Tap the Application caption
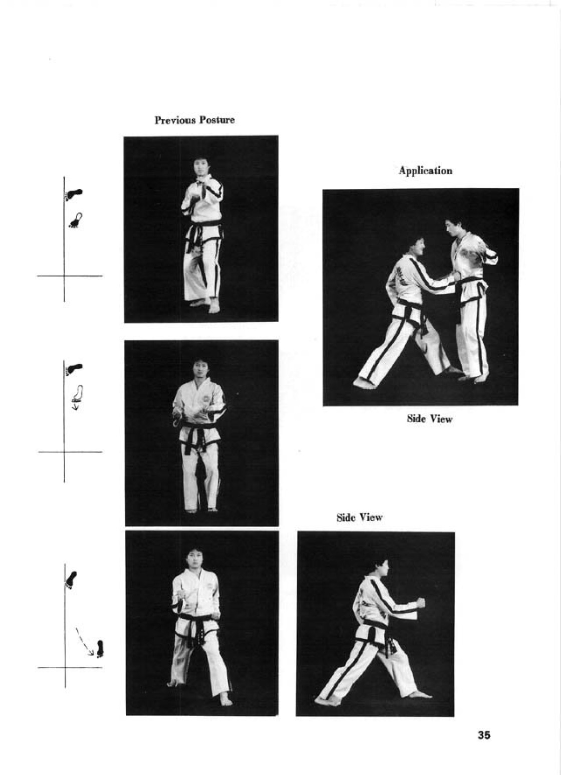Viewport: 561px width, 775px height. [x=425, y=171]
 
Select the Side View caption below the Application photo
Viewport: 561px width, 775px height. [x=429, y=419]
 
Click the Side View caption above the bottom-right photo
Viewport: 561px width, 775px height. [x=359, y=517]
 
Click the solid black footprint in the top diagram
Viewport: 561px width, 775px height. [x=74, y=194]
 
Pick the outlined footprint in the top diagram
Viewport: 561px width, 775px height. [x=76, y=220]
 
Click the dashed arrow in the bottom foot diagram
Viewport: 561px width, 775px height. [x=84, y=642]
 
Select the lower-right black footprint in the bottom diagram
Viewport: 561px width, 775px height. [x=100, y=649]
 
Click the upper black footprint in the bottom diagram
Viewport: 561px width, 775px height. [x=71, y=580]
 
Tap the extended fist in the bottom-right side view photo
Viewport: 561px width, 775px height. [x=420, y=603]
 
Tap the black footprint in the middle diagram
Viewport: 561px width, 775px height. [x=74, y=369]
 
